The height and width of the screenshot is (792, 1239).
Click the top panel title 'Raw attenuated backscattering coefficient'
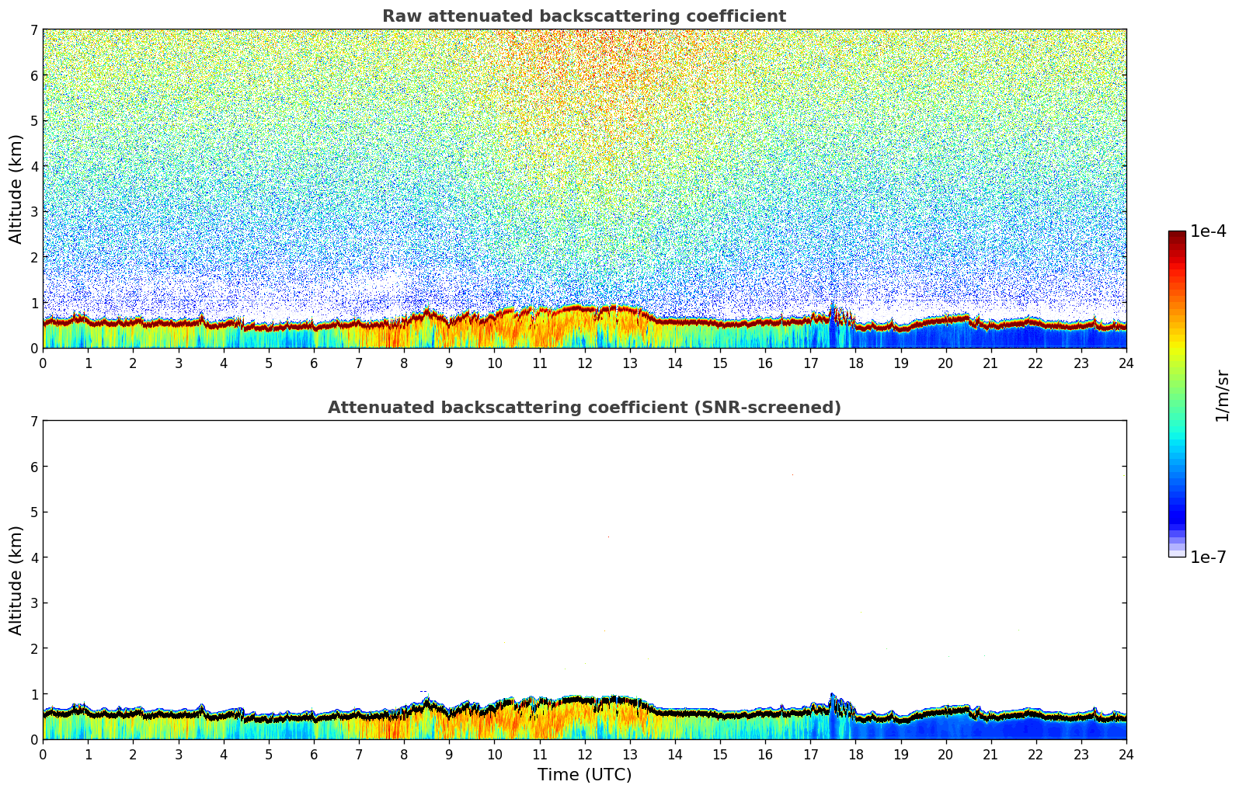click(583, 16)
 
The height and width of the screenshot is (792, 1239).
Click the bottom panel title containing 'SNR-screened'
click(583, 408)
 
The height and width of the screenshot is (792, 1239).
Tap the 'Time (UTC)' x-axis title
click(584, 775)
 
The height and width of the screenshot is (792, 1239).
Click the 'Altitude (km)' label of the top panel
click(16, 189)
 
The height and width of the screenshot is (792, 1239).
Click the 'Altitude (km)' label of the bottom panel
click(16, 580)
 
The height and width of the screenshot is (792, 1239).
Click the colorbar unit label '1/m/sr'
click(1222, 395)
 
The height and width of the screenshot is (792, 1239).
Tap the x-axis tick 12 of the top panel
click(584, 363)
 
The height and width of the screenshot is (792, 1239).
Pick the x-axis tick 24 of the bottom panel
click(1126, 754)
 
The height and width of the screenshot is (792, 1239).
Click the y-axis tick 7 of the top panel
click(33, 30)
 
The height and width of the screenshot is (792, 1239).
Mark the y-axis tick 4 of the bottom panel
click(33, 558)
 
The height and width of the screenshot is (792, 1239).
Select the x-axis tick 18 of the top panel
click(855, 363)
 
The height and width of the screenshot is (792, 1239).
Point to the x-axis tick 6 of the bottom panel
click(314, 754)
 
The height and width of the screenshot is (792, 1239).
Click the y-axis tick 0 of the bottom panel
click(33, 739)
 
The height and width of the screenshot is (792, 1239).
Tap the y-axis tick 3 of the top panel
click(33, 212)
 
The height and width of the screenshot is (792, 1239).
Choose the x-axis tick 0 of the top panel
click(43, 363)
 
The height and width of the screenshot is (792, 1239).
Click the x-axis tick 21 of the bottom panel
click(990, 754)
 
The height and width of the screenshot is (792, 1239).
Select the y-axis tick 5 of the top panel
click(33, 121)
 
